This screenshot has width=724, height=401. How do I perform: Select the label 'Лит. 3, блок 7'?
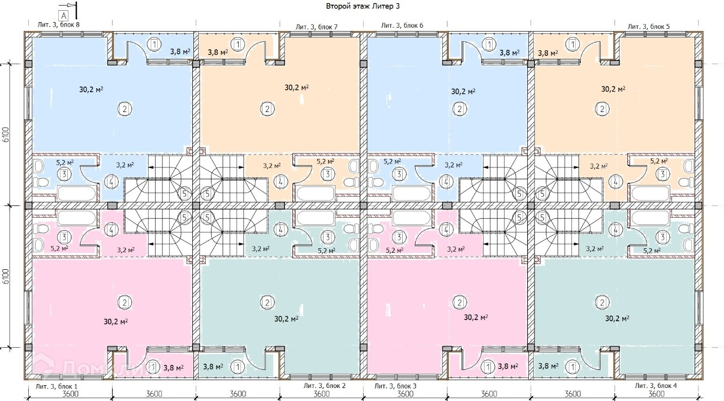317,27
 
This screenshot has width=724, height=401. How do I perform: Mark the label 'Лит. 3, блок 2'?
324,385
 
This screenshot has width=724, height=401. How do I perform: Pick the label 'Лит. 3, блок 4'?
656,385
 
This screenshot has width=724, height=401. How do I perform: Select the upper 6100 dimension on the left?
6,135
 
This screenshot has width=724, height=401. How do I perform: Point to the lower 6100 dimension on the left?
6,277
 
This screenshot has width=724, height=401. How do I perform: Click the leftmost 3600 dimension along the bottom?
70,394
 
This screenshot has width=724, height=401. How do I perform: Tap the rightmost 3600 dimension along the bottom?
656,394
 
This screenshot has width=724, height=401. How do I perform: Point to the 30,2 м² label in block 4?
618,318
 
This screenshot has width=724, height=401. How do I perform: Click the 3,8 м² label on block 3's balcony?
507,366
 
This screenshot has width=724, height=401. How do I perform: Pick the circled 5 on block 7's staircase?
208,194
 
